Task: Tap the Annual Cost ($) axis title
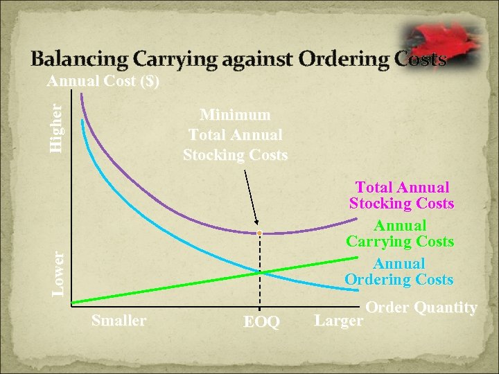(103, 82)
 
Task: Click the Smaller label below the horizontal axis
(119, 320)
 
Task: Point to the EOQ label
(261, 323)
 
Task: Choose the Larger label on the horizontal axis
(338, 321)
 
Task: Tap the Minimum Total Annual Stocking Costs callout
(235, 134)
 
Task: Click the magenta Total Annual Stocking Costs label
(402, 195)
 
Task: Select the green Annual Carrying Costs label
(400, 233)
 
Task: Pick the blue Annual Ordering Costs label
(399, 271)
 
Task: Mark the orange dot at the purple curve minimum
(259, 233)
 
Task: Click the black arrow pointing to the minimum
(251, 199)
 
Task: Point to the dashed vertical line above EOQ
(260, 291)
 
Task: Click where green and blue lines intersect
(260, 272)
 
